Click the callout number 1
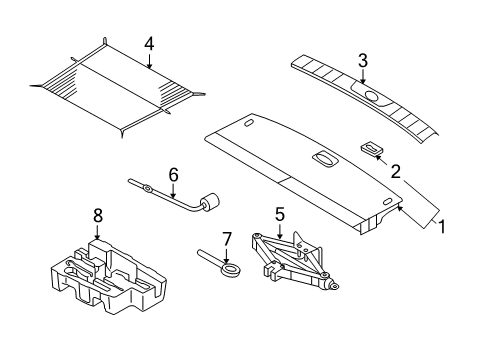[x=441, y=227]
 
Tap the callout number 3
[x=363, y=59]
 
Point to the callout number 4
[x=148, y=44]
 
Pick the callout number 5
[x=279, y=214]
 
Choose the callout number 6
[x=172, y=174]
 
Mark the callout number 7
[x=226, y=239]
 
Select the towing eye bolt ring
[x=232, y=267]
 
